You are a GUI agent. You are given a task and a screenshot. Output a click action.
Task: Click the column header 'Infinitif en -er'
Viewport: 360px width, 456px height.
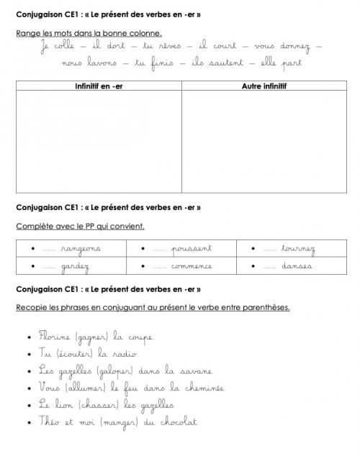[x=98, y=87]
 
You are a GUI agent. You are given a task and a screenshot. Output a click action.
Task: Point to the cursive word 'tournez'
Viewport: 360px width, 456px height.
[x=298, y=249]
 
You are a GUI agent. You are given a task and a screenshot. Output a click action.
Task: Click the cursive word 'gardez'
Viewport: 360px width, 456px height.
[x=75, y=267]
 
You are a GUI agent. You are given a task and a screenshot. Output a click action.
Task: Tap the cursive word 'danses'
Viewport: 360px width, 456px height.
[x=297, y=267]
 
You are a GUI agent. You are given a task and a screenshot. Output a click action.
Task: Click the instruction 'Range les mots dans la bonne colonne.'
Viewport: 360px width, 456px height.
[x=89, y=33]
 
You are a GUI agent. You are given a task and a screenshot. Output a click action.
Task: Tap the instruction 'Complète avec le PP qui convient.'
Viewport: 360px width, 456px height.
[x=80, y=226]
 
